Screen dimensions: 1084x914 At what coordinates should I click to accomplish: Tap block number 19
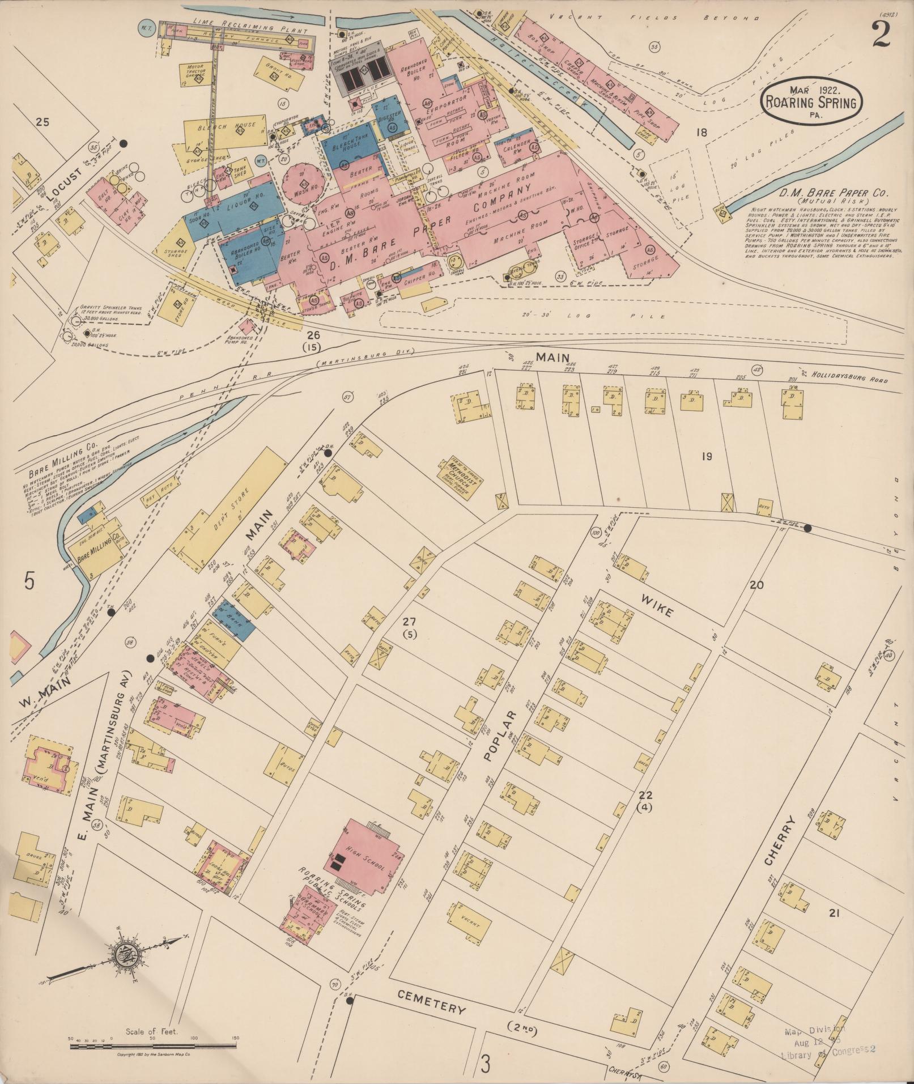click(x=706, y=456)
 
